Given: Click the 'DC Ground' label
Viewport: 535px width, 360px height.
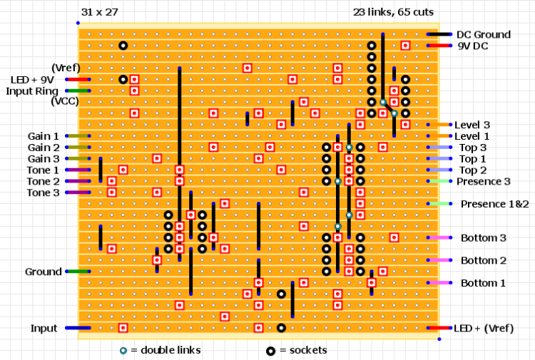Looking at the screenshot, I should coord(483,34).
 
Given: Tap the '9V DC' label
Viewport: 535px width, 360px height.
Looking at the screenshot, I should coord(472,46).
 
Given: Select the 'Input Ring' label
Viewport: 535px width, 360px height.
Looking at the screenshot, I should coord(32,91).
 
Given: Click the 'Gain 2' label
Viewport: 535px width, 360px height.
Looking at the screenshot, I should coord(44,147).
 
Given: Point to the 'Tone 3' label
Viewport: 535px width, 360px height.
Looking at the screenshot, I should coord(44,192).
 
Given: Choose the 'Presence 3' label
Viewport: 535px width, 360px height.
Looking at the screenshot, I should coord(483,181).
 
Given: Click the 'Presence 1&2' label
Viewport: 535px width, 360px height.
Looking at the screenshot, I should coord(494,204).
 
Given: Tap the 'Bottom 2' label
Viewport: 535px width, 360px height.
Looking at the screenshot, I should coord(483,260).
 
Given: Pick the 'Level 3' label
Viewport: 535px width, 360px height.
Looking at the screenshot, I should coord(472,125).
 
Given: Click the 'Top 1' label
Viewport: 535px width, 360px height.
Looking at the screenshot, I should coord(472,158).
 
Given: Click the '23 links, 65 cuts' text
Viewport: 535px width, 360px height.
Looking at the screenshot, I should coord(393,12).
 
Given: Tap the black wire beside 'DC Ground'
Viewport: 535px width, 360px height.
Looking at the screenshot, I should coord(439,34).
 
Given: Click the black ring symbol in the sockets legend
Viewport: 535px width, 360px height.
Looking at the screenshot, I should coord(271,350).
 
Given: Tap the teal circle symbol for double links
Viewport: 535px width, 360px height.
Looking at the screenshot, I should coord(123,350).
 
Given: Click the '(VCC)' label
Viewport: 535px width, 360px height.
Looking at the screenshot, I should coord(65,102).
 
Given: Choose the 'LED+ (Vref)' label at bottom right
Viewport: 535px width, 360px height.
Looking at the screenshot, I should coord(483,328).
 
